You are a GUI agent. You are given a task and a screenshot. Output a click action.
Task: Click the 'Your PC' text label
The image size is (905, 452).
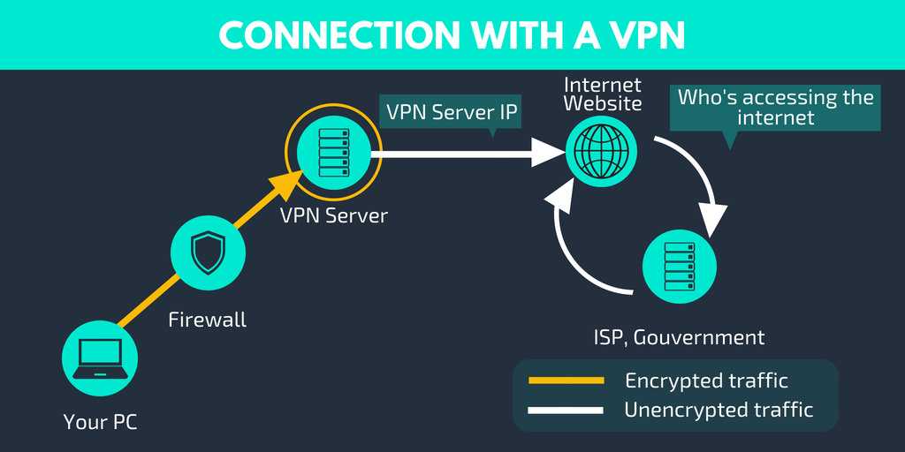(100, 422)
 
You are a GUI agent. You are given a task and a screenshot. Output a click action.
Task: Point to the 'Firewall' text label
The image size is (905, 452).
(208, 320)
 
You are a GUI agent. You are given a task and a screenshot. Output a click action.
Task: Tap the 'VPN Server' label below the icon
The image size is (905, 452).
(333, 215)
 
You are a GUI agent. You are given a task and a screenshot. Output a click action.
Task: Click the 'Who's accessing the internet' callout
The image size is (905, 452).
(775, 108)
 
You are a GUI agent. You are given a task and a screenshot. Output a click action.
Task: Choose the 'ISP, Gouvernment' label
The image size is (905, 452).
(679, 336)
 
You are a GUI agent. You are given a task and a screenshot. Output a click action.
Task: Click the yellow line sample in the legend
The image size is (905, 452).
(566, 380)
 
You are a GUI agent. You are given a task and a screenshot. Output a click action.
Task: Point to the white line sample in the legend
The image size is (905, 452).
(566, 410)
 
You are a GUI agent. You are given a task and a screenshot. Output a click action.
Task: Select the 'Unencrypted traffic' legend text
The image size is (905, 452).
(718, 410)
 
